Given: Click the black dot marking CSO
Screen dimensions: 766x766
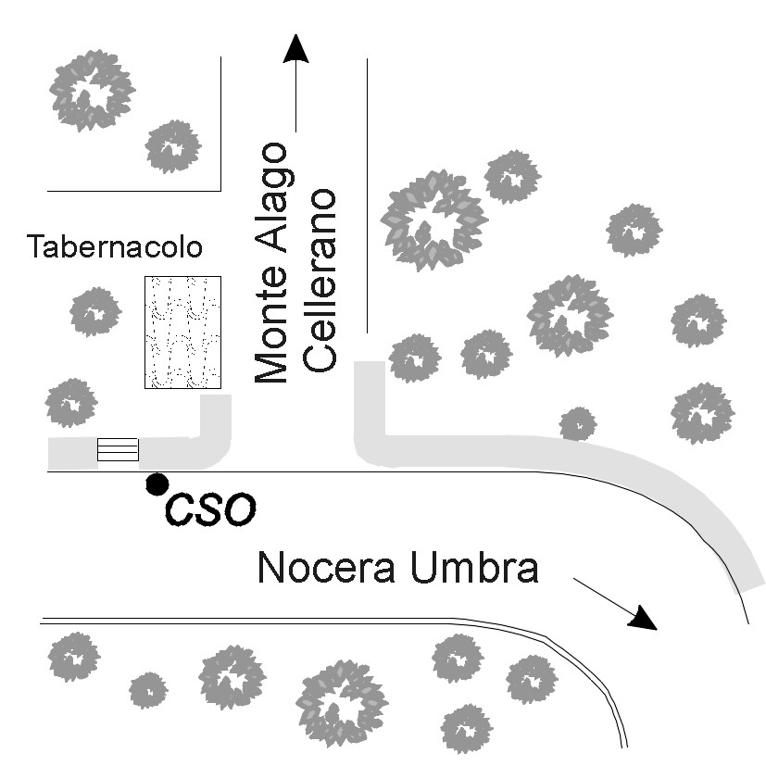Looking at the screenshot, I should point(157,483).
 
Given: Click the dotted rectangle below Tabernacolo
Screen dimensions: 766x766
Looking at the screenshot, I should point(182,332).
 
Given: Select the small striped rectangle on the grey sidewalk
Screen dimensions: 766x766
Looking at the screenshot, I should point(118,449).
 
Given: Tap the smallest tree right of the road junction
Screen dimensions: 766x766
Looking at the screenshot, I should point(578,423).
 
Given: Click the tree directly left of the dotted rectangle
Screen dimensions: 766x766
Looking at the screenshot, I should point(95,311).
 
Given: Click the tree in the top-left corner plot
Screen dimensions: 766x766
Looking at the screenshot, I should point(91,88).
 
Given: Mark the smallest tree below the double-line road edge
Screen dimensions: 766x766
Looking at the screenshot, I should point(148,690).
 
